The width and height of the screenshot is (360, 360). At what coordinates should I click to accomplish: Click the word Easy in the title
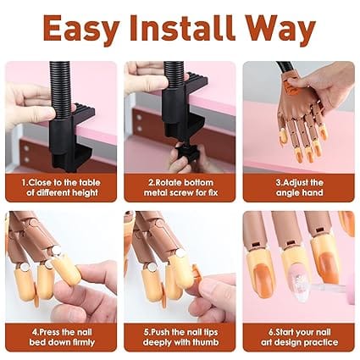pyautogui.click(x=82, y=30)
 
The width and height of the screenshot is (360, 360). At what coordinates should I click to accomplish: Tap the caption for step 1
pyautogui.click(x=61, y=188)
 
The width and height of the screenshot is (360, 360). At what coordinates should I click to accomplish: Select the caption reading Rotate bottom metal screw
pyautogui.click(x=180, y=188)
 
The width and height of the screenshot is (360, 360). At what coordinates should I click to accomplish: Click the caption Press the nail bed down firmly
pyautogui.click(x=61, y=337)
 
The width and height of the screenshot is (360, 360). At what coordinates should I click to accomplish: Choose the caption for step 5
pyautogui.click(x=180, y=337)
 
